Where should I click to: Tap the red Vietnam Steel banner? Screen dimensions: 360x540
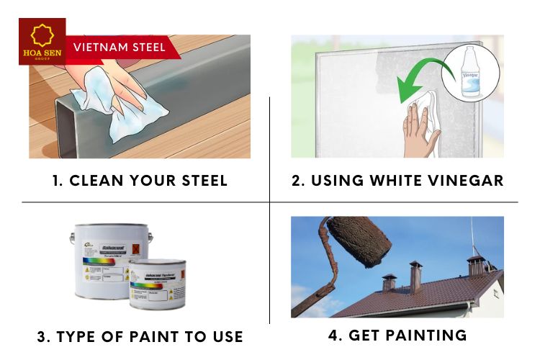(x=119, y=48)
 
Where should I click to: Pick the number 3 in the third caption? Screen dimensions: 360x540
(x=42, y=336)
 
